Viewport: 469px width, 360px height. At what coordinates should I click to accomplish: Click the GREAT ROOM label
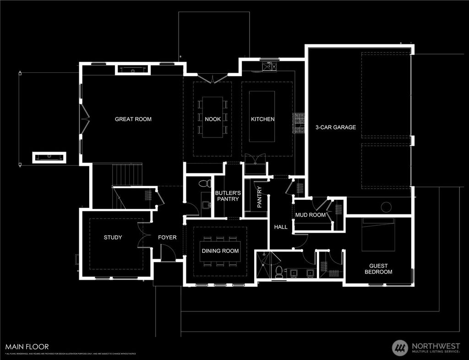click(133, 119)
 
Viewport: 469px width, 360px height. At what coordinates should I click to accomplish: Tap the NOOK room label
click(213, 119)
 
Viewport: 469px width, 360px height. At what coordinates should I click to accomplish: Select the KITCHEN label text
click(262, 119)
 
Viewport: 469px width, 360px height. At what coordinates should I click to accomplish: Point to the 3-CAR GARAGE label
click(335, 127)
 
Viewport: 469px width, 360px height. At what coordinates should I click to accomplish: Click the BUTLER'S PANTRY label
click(228, 196)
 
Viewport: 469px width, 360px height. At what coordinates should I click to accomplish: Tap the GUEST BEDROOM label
click(378, 269)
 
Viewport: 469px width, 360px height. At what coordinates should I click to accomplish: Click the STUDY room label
click(113, 237)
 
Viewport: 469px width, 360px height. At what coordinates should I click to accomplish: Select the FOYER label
click(167, 237)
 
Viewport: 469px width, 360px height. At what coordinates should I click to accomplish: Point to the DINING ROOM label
click(220, 251)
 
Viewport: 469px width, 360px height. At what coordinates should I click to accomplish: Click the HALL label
click(280, 227)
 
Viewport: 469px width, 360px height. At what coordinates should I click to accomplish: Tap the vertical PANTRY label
click(259, 197)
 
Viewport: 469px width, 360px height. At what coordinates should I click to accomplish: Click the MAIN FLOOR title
click(27, 347)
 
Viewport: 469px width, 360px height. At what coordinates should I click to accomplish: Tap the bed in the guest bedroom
click(378, 234)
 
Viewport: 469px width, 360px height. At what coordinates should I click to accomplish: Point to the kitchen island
click(262, 116)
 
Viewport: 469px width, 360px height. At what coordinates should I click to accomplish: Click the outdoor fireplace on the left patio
click(49, 157)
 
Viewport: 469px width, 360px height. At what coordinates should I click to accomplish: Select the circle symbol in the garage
click(386, 207)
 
